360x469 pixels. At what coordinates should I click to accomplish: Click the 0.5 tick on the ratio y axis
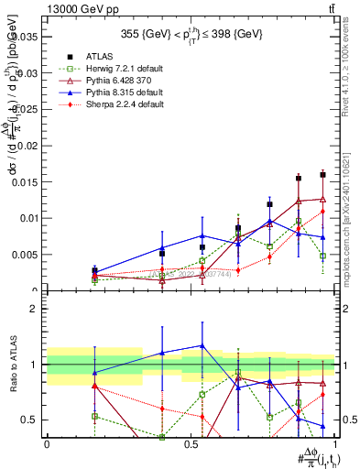[31, 420]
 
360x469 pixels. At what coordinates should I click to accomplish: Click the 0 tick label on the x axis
[47, 444]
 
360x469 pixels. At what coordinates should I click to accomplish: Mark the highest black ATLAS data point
[322, 174]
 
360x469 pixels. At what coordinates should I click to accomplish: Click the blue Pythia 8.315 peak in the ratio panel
[202, 345]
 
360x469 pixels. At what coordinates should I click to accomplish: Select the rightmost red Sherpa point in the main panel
[322, 211]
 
